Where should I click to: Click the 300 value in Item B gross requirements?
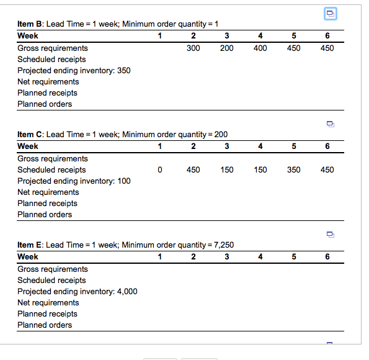coord(193,48)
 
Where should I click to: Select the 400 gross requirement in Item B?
coord(260,48)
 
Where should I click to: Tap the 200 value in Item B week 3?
coord(226,48)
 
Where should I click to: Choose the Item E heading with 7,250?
coord(125,245)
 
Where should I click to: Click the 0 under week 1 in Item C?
coord(160,169)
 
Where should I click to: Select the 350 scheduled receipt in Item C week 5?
coord(294,169)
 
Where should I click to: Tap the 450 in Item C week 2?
coord(193,169)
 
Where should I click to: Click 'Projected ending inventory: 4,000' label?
coord(78,292)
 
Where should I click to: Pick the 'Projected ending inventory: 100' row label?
coord(74,181)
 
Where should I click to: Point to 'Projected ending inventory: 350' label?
coord(74,70)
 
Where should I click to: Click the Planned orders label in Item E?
coord(45,325)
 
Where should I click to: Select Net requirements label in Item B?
coord(48,81)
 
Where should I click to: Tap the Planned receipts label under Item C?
coord(47,203)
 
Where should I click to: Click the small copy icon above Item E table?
coord(331,235)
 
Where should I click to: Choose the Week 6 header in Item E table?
coord(327,256)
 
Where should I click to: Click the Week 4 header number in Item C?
coord(260,146)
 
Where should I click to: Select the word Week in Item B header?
coord(28,35)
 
